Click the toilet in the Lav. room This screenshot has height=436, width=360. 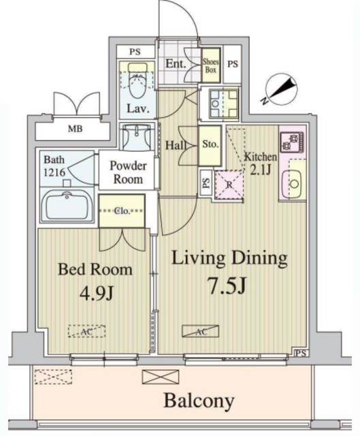pyautogui.click(x=138, y=80)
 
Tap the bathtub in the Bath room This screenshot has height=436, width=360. pyautogui.click(x=67, y=205)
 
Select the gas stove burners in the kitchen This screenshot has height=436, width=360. pyautogui.click(x=292, y=142)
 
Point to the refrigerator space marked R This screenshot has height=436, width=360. pyautogui.click(x=229, y=185)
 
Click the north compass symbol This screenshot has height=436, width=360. pyautogui.click(x=280, y=89)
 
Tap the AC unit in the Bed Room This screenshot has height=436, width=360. pyautogui.click(x=87, y=331)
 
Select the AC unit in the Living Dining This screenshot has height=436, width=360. pyautogui.click(x=201, y=331)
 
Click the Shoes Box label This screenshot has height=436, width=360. pyautogui.click(x=210, y=65)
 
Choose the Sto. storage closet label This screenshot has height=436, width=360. pyautogui.click(x=210, y=144)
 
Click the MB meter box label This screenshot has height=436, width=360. pyautogui.click(x=76, y=129)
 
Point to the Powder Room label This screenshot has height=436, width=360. pyautogui.click(x=128, y=172)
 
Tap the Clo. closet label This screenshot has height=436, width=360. pyautogui.click(x=122, y=211)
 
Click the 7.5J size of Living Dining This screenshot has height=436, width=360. pyautogui.click(x=227, y=285)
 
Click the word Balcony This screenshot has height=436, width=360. pyautogui.click(x=199, y=401)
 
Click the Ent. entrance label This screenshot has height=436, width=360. pyautogui.click(x=176, y=63)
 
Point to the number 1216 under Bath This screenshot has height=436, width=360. pyautogui.click(x=54, y=172)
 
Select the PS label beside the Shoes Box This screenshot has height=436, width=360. pyautogui.click(x=233, y=64)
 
